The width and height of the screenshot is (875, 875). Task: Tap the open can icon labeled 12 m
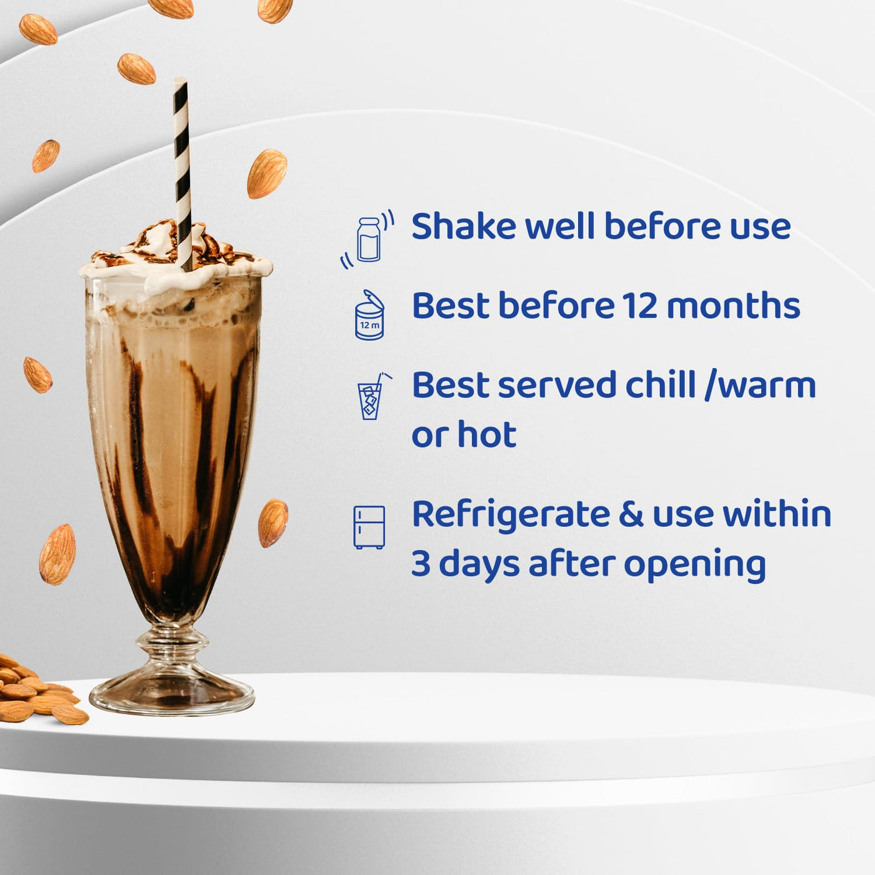(x=369, y=314)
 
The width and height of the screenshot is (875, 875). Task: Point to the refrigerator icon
(x=369, y=527)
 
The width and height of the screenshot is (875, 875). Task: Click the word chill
(x=661, y=384)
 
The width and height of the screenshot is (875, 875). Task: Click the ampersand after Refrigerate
(x=631, y=514)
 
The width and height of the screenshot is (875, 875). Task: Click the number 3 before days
(x=421, y=564)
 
